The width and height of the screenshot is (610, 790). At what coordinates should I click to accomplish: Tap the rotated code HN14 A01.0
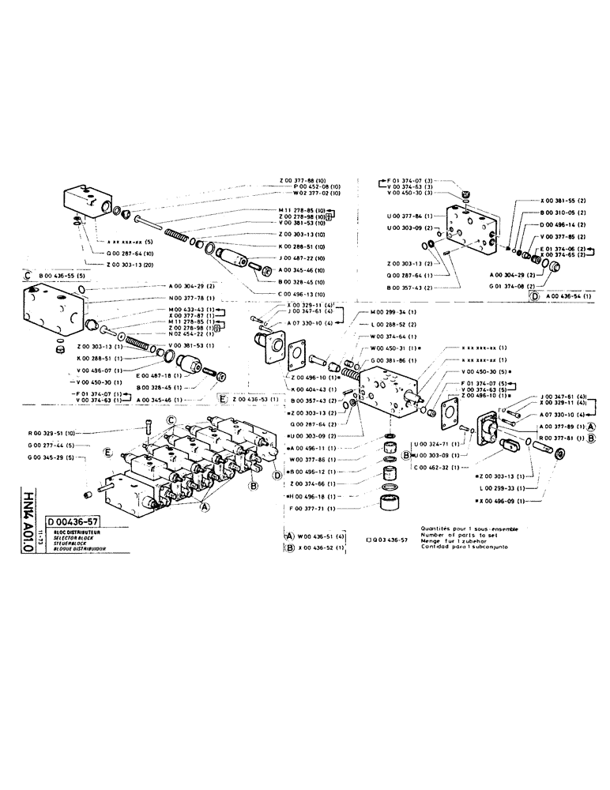(x=29, y=521)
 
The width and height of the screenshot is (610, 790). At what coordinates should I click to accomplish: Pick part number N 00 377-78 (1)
(x=190, y=297)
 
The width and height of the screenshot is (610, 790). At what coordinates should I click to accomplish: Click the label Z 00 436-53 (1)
(x=254, y=401)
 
